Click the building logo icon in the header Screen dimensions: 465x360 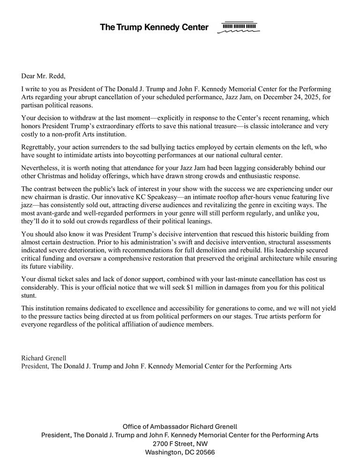tap(238, 28)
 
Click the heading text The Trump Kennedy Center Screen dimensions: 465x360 tap(154, 27)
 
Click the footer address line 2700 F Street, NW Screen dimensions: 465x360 tap(180, 443)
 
